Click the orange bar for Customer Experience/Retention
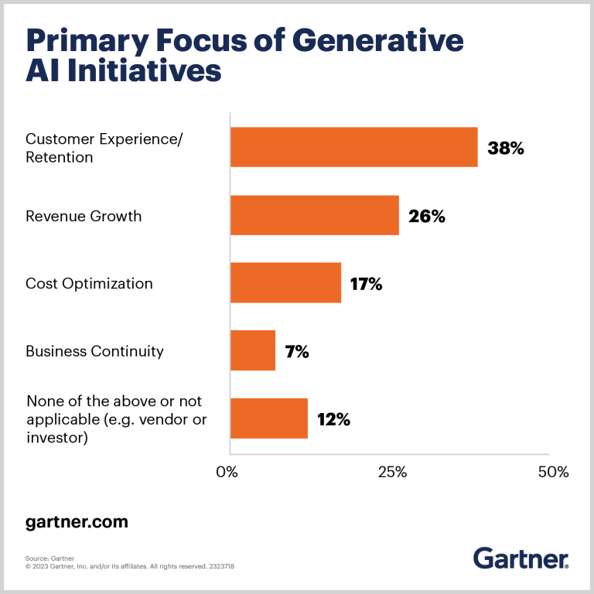(353, 147)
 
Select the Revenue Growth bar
(314, 215)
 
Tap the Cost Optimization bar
(285, 282)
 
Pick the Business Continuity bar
(253, 350)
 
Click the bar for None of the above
(269, 418)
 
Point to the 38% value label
(506, 148)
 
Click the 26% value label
(427, 216)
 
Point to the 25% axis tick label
(392, 472)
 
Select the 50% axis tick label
(552, 472)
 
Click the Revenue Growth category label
(84, 216)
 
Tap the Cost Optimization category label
(89, 283)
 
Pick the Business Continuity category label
(94, 351)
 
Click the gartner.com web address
(76, 522)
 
